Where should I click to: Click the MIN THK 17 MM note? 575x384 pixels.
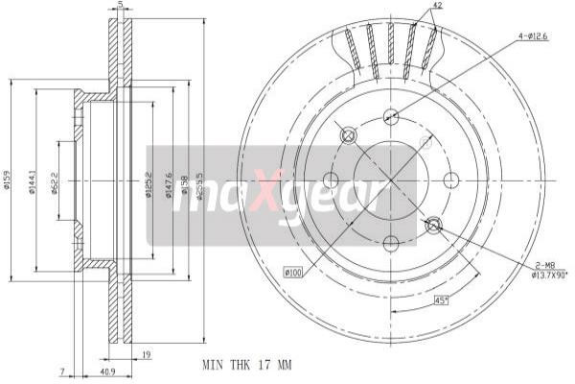click(x=245, y=366)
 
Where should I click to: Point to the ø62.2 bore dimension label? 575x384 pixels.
click(x=55, y=180)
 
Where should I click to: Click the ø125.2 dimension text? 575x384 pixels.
click(x=149, y=180)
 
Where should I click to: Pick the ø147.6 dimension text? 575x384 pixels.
click(x=170, y=180)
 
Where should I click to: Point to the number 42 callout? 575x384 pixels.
click(x=437, y=6)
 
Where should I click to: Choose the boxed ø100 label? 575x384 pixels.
click(x=292, y=274)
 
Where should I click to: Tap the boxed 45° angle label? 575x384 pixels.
click(x=442, y=300)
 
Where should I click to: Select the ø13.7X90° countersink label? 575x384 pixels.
click(x=550, y=275)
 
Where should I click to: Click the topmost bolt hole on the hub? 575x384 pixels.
click(x=390, y=117)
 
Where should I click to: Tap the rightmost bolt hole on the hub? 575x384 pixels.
click(x=451, y=180)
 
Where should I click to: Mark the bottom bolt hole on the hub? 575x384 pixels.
click(x=390, y=242)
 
